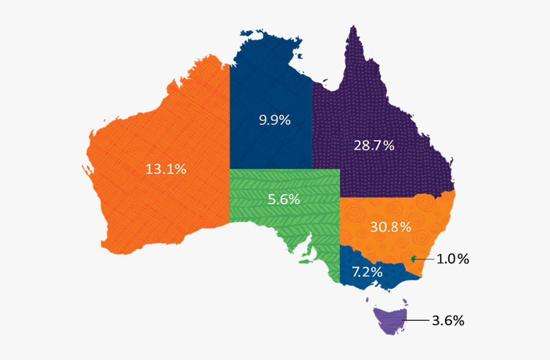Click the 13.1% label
tap(166, 169)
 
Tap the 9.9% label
tap(274, 120)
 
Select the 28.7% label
tap(374, 145)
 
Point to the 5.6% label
tap(284, 199)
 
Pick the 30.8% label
tap(391, 227)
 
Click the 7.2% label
tap(367, 270)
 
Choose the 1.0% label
tap(453, 259)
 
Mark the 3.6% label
tap(449, 320)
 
